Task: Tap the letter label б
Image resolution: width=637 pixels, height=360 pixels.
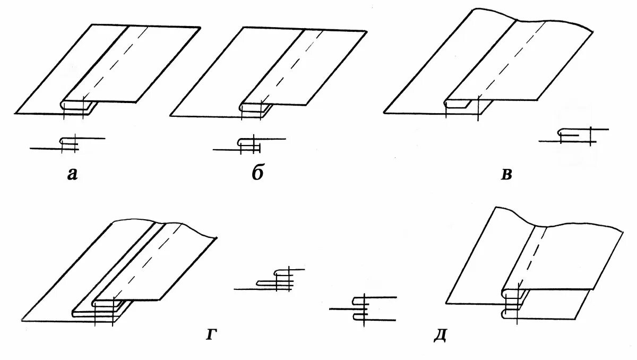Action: [x=258, y=174]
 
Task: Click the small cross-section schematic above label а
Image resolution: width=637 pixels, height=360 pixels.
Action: [x=68, y=143]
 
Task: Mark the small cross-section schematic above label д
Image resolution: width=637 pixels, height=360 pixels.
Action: [x=364, y=308]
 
